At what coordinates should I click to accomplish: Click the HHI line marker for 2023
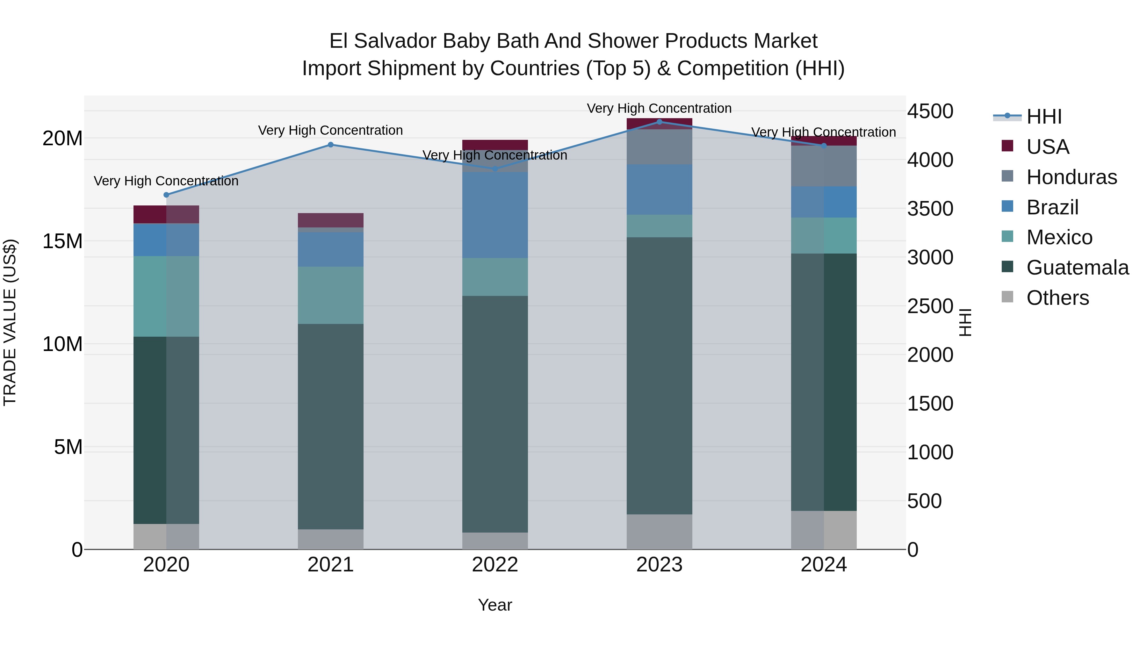(x=660, y=122)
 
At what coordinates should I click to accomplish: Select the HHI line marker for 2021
(x=331, y=145)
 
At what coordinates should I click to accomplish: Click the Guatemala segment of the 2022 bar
(x=495, y=414)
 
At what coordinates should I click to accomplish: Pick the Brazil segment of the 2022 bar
(x=495, y=215)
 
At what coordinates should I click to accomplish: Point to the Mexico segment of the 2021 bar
(x=331, y=295)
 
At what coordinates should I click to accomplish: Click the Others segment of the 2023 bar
(x=660, y=532)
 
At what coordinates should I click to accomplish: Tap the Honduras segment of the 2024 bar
(x=824, y=166)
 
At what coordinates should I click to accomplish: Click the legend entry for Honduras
(x=1071, y=177)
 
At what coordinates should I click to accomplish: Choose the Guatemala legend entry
(x=1077, y=268)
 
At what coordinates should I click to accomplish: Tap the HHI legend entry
(x=1044, y=117)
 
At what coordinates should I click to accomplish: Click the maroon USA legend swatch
(x=1007, y=146)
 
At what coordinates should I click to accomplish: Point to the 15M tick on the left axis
(x=62, y=241)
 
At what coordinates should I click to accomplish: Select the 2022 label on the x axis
(x=495, y=565)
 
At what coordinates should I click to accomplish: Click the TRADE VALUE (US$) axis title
(x=10, y=322)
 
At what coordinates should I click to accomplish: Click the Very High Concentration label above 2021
(x=331, y=130)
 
